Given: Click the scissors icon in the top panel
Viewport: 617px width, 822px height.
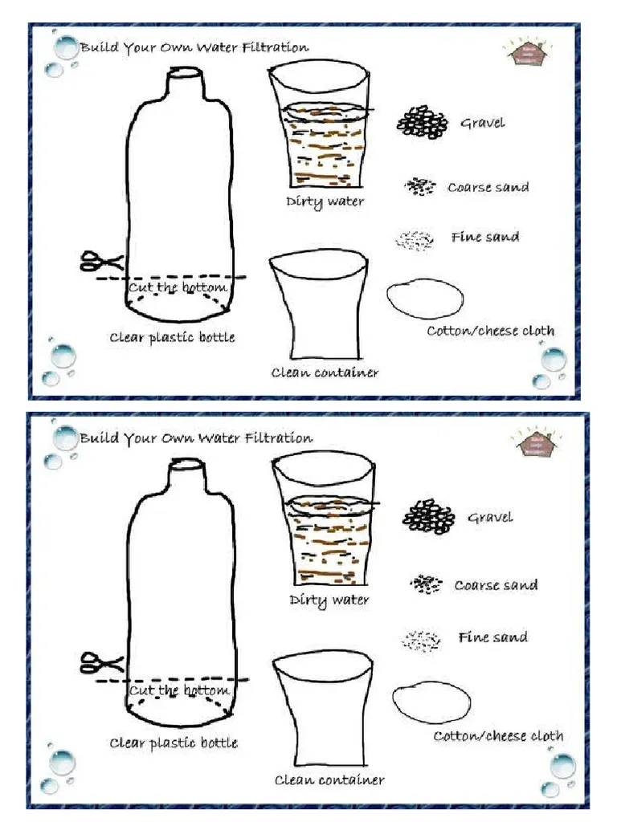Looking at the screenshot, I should [x=101, y=261].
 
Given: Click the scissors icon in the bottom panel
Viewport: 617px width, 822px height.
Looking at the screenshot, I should [x=101, y=663].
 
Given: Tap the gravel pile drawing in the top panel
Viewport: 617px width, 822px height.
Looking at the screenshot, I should [x=423, y=122].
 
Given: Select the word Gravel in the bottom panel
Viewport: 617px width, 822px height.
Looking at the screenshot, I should [x=490, y=517].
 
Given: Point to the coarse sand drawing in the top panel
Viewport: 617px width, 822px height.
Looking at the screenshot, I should [x=419, y=187].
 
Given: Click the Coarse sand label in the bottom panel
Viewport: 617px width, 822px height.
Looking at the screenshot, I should [x=496, y=585].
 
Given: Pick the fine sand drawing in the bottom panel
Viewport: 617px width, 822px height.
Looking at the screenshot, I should [x=422, y=640].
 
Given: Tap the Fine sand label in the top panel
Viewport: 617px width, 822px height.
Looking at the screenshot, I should [x=484, y=237].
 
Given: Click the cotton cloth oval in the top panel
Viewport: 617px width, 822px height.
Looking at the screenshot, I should [x=425, y=298].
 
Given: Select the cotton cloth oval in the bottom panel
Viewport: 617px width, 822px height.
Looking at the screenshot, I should [x=431, y=701].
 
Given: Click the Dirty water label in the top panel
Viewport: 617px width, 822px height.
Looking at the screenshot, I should [x=325, y=201].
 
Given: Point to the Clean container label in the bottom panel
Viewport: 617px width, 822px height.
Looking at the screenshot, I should [x=329, y=779].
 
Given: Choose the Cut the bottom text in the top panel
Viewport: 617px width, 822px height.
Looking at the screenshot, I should [x=178, y=287].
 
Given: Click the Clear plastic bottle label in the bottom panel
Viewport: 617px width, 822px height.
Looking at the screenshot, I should [x=174, y=743].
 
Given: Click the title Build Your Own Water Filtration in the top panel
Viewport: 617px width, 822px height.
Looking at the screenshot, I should [x=194, y=47].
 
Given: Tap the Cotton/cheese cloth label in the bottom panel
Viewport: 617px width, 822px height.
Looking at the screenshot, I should [x=498, y=735].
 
